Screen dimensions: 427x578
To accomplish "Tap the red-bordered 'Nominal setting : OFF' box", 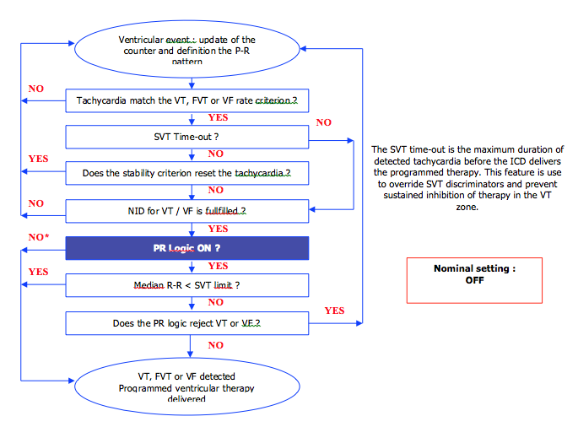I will click(473, 279).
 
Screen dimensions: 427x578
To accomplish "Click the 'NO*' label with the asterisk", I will click(38, 237).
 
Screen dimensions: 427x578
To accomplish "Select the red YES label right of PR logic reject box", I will click(334, 311).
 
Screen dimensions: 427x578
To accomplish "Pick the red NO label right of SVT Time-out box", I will click(324, 123).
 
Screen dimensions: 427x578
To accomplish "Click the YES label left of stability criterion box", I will click(38, 159).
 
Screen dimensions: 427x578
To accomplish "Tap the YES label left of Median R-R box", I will click(38, 273).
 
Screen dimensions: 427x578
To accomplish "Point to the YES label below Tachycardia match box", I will click(217, 118).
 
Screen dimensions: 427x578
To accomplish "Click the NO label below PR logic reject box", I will click(216, 345).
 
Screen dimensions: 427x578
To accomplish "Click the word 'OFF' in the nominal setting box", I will click(473, 281).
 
